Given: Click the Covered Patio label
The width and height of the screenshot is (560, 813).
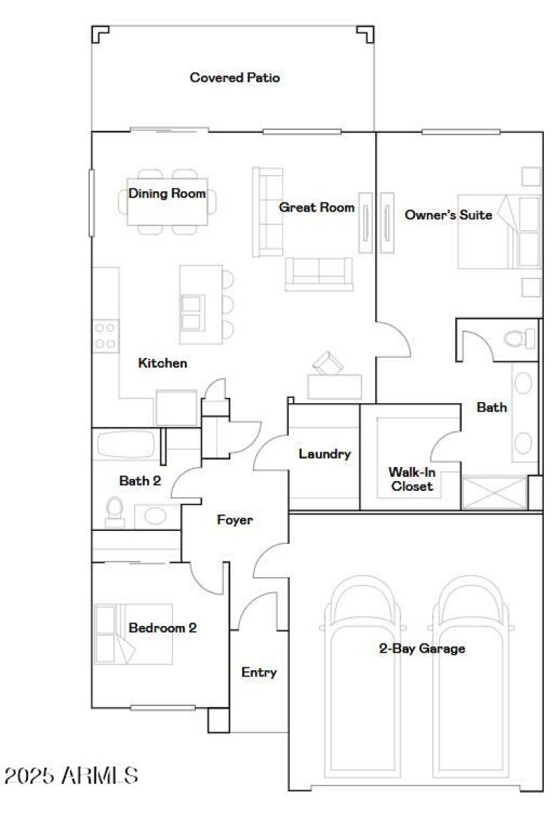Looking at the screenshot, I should point(234,78).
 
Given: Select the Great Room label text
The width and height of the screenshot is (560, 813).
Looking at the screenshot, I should point(316,207).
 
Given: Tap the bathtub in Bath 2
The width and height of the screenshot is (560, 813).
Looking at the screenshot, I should point(127,444).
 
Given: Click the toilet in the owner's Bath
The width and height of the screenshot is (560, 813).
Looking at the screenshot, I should point(519,340).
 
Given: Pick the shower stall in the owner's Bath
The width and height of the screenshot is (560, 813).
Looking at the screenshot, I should point(493,493).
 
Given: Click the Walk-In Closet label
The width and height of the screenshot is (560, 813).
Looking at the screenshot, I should point(412,479).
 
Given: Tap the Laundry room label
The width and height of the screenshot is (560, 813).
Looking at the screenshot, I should point(324,454).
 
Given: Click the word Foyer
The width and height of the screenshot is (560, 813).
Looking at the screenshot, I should point(234,520).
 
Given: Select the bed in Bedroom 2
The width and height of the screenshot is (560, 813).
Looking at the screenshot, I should point(133,634).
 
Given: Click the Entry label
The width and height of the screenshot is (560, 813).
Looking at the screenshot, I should point(259,672).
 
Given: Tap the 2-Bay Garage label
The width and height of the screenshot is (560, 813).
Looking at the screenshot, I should point(421,648).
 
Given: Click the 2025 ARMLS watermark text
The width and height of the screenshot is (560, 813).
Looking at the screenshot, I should point(71,775).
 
